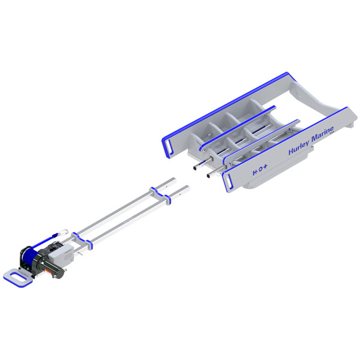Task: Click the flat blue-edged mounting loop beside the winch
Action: [x=16, y=276]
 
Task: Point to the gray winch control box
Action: [x=62, y=256]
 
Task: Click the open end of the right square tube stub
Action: [x=208, y=176]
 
